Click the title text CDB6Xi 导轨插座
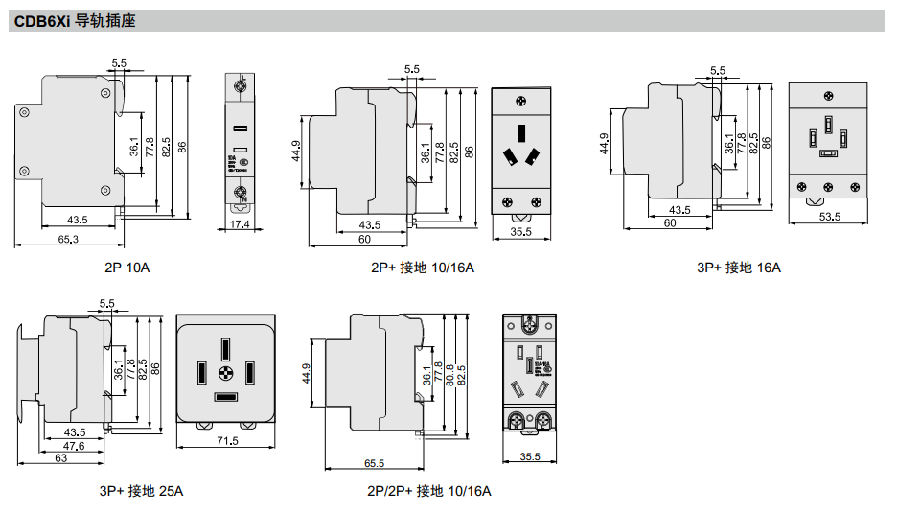point(75,20)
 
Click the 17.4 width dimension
point(240,224)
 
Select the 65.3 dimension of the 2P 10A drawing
point(68,239)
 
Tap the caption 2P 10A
point(127,267)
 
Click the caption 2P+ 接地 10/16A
point(423,267)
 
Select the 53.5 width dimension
point(830,217)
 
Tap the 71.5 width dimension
point(226,440)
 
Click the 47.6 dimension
point(74,445)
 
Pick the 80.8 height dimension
point(449,374)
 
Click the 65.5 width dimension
point(374,463)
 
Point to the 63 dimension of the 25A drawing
point(59,458)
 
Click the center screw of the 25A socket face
point(226,373)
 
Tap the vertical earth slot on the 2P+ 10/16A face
point(521,132)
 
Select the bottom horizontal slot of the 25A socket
point(226,397)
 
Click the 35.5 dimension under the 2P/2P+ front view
point(530,457)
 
